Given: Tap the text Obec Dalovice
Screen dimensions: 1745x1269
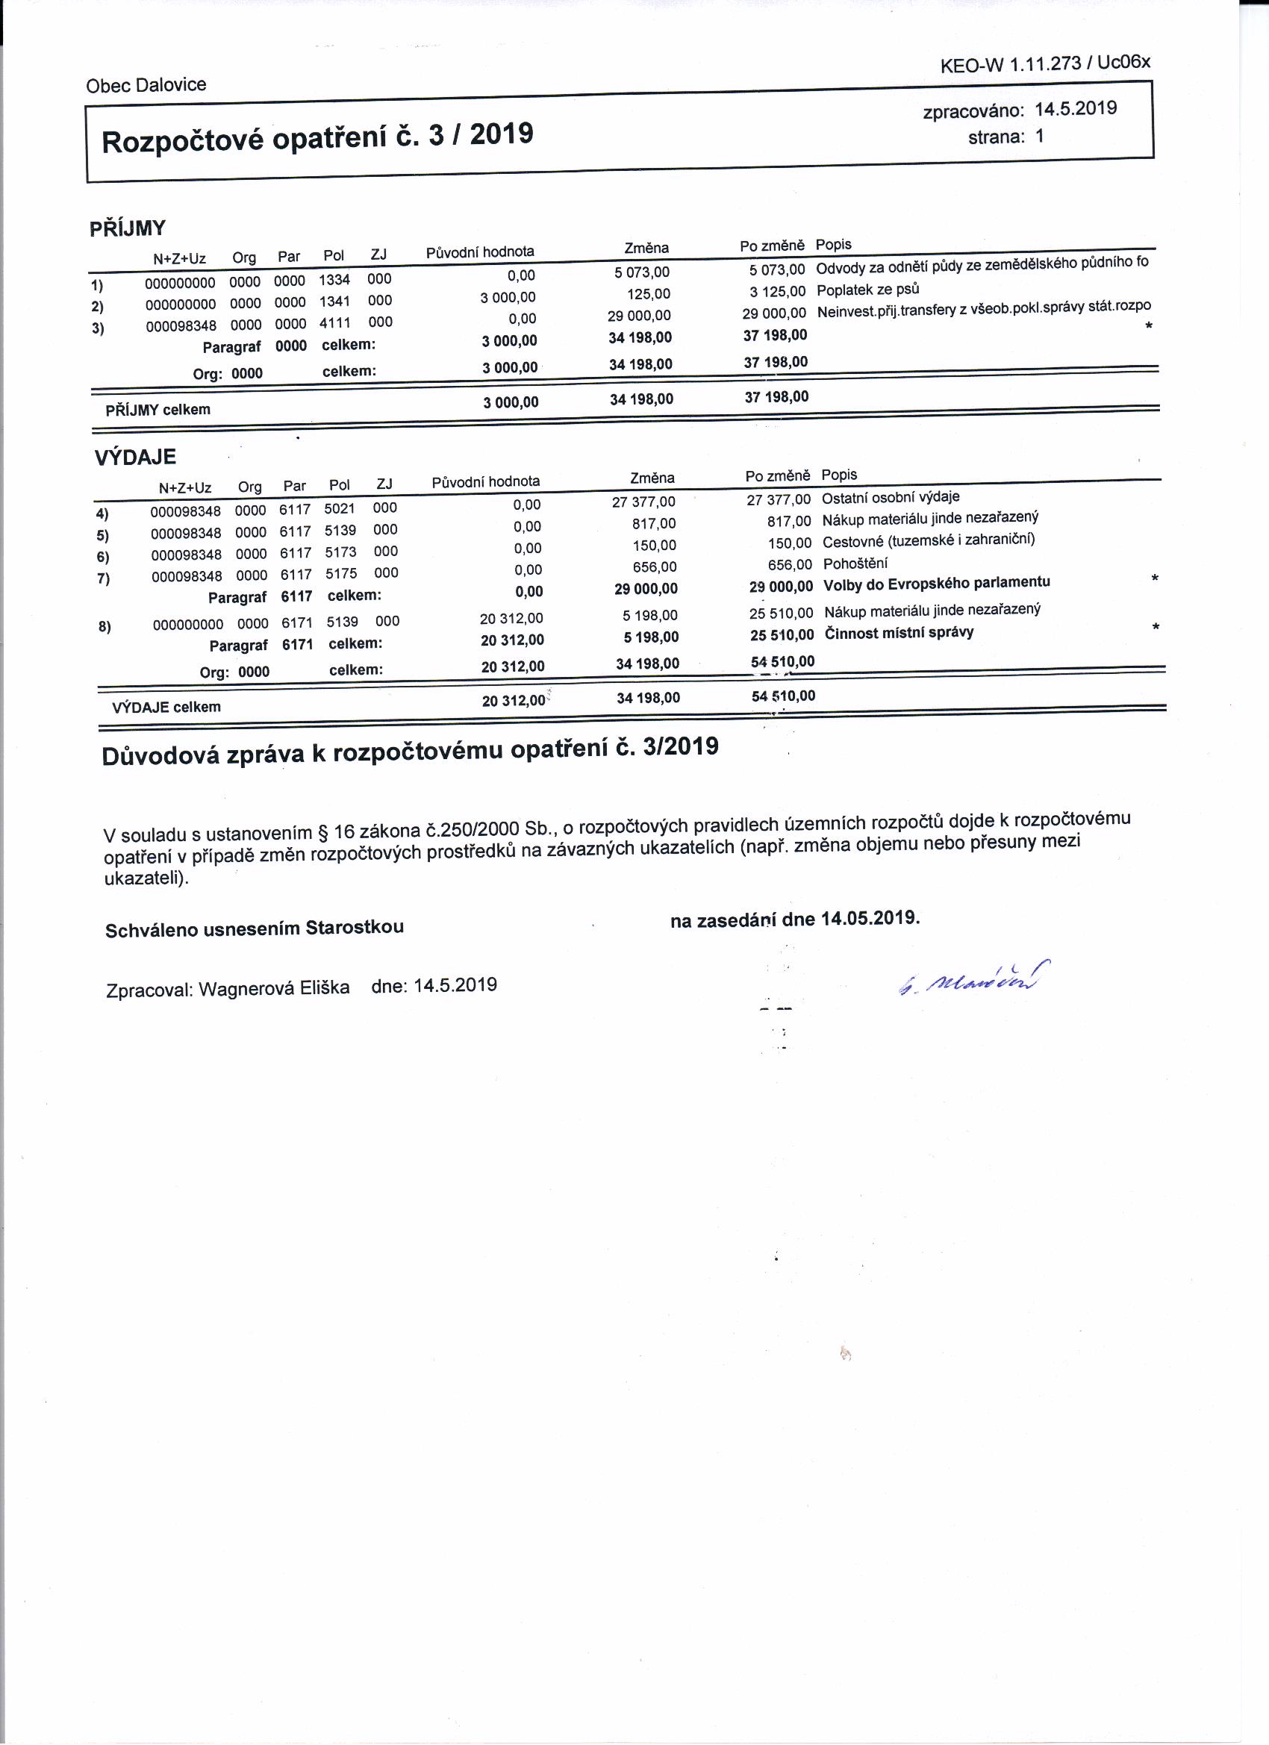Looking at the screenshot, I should [x=146, y=84].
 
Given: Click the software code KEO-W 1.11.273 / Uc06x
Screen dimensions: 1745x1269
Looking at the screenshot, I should [x=1045, y=64].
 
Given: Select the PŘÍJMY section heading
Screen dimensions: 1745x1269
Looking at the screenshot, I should [x=128, y=228].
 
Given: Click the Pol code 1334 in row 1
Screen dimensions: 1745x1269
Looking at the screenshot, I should [x=334, y=279].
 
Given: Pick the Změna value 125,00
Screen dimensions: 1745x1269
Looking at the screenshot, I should [x=649, y=294].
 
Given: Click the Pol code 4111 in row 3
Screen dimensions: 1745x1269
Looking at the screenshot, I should [x=335, y=322].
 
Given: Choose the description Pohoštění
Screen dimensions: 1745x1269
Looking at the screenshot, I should [x=855, y=564].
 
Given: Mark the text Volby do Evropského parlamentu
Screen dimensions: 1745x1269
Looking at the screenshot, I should [x=937, y=583].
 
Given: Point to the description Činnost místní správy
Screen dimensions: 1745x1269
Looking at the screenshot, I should [x=899, y=633].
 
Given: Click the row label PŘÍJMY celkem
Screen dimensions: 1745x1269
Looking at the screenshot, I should [x=158, y=409].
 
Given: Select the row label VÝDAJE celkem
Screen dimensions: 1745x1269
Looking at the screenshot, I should [x=166, y=707].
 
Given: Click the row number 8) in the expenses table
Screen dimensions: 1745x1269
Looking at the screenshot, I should [x=105, y=626].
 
